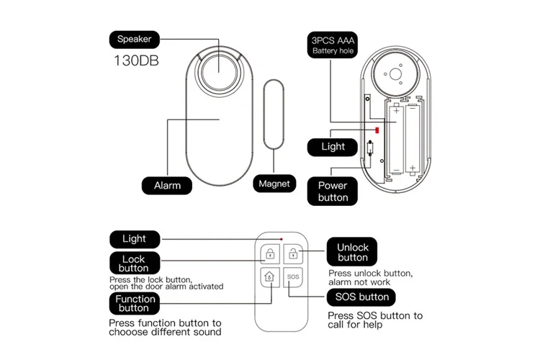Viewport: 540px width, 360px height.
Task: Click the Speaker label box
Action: pos(135,39)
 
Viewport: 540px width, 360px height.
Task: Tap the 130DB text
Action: pos(136,60)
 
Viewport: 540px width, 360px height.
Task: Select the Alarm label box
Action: pos(167,185)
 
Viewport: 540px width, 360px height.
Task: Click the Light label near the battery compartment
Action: pos(332,146)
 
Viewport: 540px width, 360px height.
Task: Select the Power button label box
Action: pos(332,192)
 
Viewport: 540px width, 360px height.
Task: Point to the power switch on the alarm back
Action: pos(370,150)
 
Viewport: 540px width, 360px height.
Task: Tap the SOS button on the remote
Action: pos(292,276)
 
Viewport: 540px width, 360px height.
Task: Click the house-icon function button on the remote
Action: pos(269,276)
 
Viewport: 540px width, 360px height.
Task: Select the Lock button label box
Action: pos(133,264)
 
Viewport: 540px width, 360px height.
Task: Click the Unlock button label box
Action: pos(352,252)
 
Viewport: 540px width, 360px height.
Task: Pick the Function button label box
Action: pos(135,304)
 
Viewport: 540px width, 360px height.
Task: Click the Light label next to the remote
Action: pos(134,238)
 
